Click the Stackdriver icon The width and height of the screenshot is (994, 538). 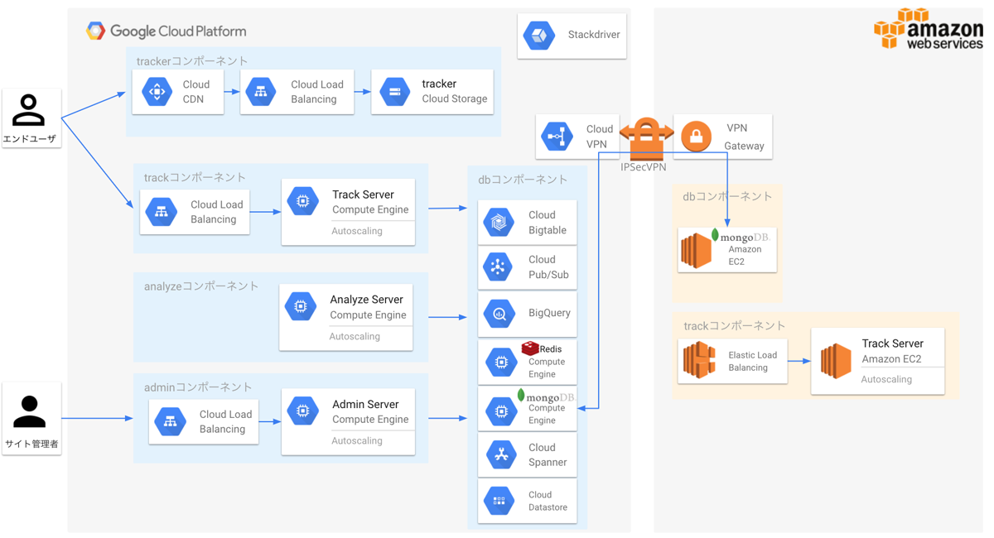tap(538, 35)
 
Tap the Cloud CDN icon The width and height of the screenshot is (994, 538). tap(157, 92)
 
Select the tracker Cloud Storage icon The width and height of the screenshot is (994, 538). tap(394, 92)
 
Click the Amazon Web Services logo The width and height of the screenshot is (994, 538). tap(929, 27)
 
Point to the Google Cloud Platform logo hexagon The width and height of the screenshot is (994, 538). tap(95, 31)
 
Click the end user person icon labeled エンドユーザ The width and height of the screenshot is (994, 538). tap(28, 110)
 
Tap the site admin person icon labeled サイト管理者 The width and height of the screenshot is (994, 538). tap(29, 411)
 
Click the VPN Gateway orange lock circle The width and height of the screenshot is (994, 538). tap(696, 137)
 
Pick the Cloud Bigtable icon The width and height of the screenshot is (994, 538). tap(499, 222)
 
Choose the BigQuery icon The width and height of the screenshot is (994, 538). tap(499, 314)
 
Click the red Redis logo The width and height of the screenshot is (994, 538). tap(530, 348)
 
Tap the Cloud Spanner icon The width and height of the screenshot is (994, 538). tap(501, 454)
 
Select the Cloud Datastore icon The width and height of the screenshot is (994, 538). tap(499, 501)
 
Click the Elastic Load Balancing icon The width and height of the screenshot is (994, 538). tap(699, 360)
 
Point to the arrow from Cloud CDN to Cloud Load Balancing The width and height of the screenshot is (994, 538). tap(232, 92)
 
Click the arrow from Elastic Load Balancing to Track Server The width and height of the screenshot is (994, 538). tap(799, 361)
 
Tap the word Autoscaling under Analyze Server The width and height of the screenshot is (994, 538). tap(355, 336)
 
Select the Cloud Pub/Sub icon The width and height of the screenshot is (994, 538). tap(498, 267)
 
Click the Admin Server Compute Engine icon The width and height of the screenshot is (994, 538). tap(302, 411)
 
